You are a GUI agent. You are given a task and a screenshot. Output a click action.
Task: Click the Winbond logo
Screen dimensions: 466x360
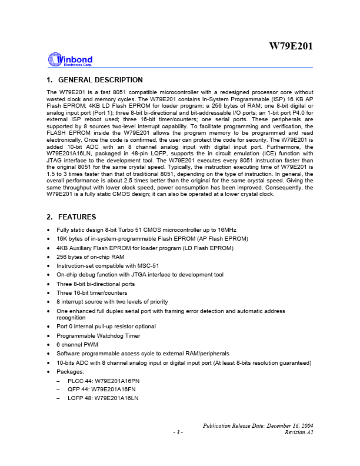point(69,60)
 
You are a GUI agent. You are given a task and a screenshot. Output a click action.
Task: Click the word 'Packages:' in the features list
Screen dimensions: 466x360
point(69,372)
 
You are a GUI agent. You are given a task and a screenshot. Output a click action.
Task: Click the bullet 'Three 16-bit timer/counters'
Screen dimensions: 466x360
point(92,292)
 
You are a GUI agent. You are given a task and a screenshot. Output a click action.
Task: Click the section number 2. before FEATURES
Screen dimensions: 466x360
point(49,217)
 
